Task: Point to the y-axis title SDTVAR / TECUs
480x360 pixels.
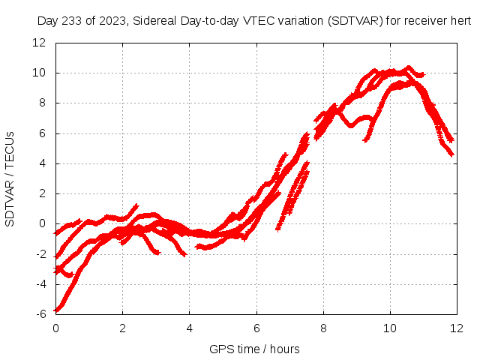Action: [x=10, y=178]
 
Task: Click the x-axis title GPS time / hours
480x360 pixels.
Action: [x=254, y=349]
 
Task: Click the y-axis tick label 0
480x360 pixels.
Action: [x=43, y=223]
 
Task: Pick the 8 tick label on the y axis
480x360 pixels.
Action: [x=43, y=103]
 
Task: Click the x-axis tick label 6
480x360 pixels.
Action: [x=256, y=328]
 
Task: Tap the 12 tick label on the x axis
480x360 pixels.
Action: [x=457, y=328]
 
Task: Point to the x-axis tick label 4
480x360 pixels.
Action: [x=189, y=328]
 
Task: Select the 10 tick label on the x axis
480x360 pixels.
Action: [x=390, y=328]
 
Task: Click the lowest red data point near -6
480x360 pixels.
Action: [x=57, y=309]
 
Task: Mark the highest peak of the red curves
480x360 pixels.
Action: [x=409, y=67]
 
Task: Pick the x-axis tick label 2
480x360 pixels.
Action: [x=122, y=328]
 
